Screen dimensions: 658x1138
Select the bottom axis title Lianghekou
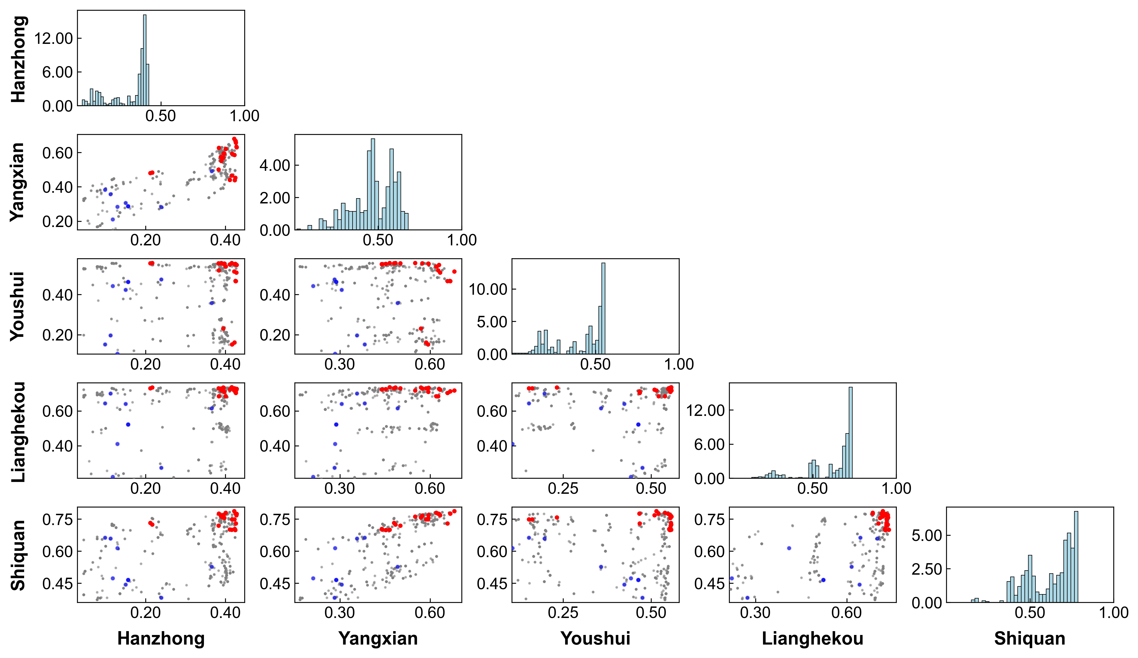812,639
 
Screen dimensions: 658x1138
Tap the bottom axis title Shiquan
1030,639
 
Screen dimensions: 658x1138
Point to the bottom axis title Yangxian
378,639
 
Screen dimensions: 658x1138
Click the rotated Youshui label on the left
18,306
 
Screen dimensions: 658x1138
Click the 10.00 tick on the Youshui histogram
488,289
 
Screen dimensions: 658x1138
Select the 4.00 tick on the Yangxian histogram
275,165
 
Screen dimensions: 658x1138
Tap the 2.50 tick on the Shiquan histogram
927,569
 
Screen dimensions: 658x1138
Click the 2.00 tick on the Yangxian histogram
275,198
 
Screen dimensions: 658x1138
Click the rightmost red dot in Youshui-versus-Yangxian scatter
454,271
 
